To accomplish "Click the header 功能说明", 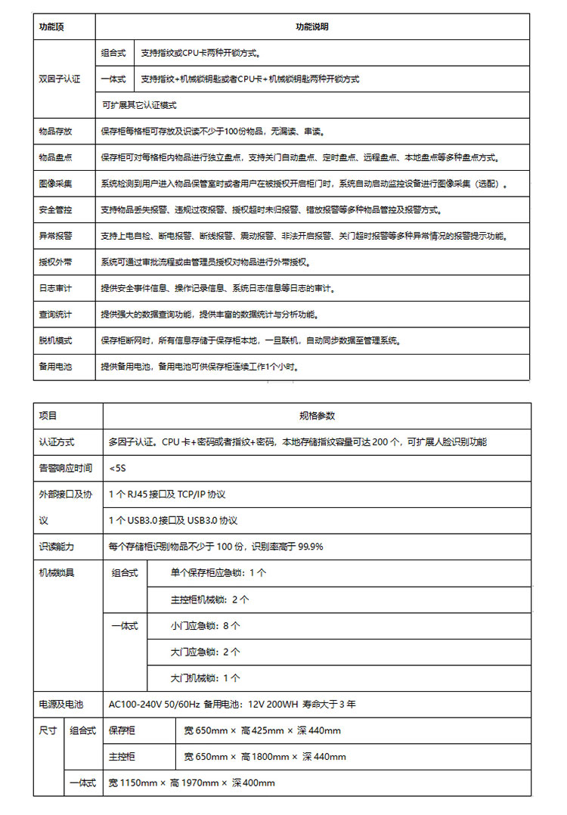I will pyautogui.click(x=311, y=26).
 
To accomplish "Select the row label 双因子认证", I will pyautogui.click(x=59, y=79).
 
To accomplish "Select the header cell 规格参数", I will pyautogui.click(x=317, y=416).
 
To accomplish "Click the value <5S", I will pyautogui.click(x=117, y=468).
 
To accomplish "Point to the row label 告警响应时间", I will pyautogui.click(x=66, y=468).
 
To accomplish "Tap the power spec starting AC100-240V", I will pyautogui.click(x=232, y=704).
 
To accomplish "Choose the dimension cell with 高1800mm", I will pyautogui.click(x=265, y=757).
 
